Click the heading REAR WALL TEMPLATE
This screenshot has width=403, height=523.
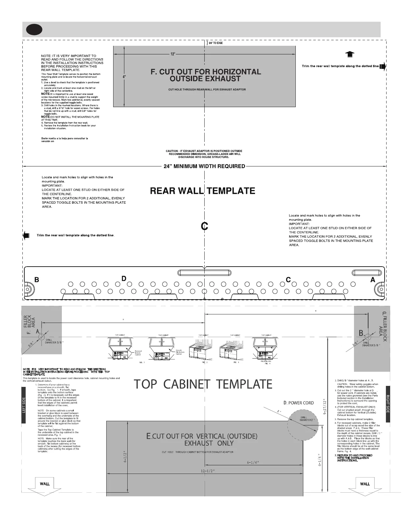point(203,191)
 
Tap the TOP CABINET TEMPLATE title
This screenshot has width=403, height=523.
point(203,384)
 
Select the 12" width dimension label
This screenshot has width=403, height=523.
point(172,54)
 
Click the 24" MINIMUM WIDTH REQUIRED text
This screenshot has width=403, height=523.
point(204,166)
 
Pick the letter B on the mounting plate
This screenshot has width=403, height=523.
point(37,280)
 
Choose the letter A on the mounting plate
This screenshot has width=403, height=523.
point(373,280)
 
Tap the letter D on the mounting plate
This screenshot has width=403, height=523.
point(124,279)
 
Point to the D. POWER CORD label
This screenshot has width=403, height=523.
point(299,403)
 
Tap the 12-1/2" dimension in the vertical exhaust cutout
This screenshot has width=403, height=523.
point(208,471)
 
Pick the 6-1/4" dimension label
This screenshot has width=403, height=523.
point(253,462)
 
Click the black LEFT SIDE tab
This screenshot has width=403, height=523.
point(24,405)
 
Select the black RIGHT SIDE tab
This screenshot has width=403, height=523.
point(388,404)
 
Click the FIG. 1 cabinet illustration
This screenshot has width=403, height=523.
point(120,349)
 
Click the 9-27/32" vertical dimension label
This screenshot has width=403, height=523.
point(325,408)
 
